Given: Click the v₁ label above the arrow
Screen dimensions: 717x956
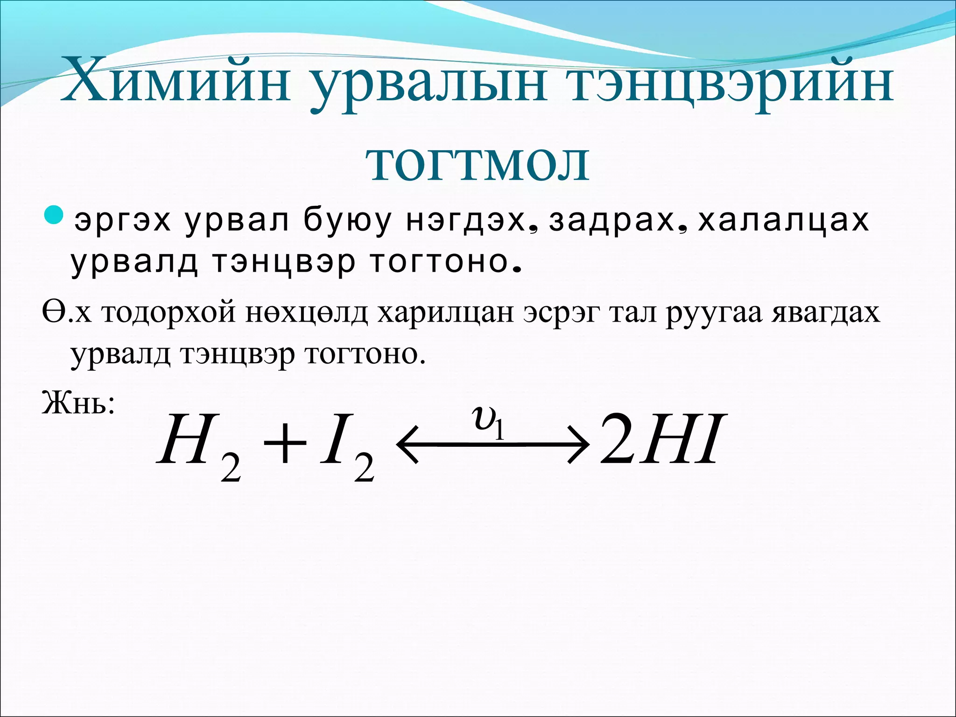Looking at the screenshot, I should tap(488, 420).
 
